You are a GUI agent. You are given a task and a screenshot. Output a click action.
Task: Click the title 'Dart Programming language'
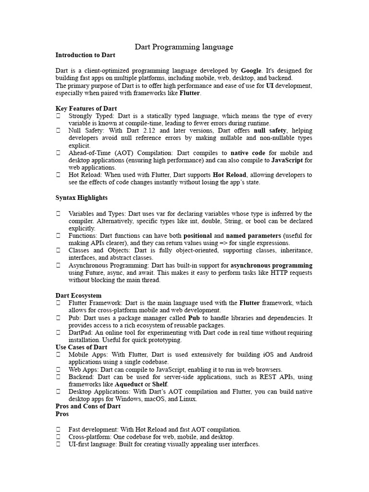184,47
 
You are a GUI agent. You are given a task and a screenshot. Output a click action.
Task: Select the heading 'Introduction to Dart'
86,55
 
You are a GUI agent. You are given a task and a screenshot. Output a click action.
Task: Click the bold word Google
251,70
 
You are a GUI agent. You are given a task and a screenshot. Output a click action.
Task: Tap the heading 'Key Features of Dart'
86,109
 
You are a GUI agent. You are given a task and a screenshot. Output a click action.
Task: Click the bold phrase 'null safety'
270,130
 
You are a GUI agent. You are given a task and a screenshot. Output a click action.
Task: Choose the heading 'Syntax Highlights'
82,197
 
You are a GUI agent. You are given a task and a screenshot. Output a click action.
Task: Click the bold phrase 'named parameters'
253,235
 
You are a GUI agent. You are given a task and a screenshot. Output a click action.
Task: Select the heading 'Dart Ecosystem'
78,295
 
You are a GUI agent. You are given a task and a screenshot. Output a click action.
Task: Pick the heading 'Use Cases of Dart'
81,347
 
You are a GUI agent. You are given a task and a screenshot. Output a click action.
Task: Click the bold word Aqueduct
129,384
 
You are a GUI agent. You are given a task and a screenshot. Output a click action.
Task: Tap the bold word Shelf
160,384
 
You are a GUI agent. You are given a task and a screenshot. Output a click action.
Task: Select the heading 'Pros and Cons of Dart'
88,406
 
